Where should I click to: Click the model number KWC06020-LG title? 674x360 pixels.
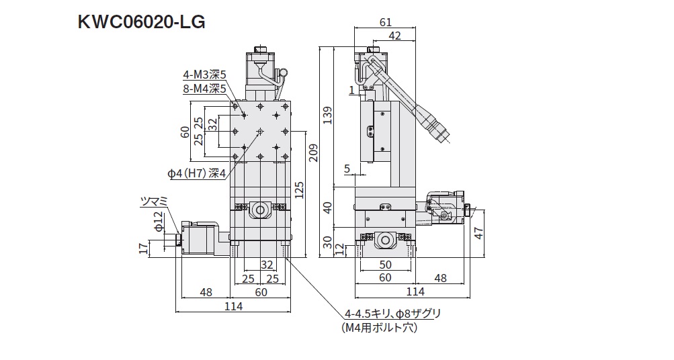(x=142, y=22)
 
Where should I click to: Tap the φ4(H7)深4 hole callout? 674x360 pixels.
(x=197, y=173)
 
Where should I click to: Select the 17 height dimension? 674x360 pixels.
(x=142, y=249)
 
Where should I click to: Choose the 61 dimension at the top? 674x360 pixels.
(x=385, y=22)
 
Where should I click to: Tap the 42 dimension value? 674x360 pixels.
(x=396, y=36)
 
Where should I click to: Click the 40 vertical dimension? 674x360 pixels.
(x=328, y=208)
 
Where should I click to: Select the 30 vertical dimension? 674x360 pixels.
(x=328, y=242)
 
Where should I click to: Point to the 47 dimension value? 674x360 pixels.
(x=478, y=233)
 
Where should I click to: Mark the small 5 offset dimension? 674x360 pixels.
(x=347, y=169)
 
